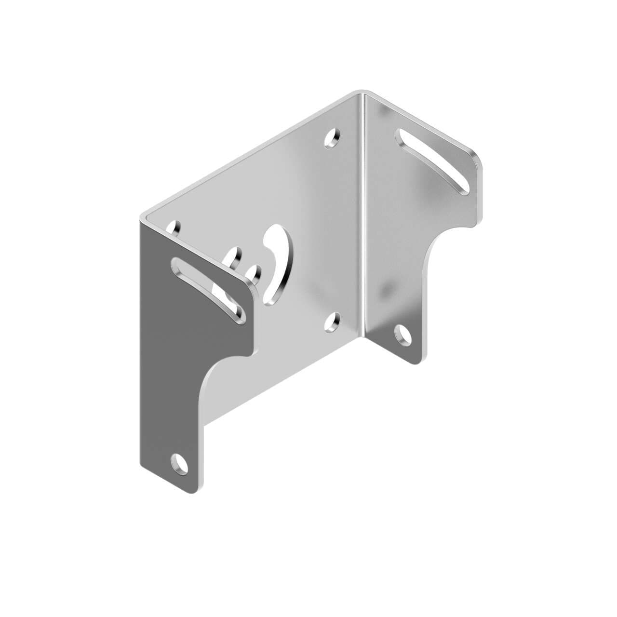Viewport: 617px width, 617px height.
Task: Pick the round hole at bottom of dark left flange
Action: (x=180, y=463)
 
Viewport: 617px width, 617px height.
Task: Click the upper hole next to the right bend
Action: (x=332, y=138)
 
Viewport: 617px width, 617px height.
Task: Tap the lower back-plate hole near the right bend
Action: (x=332, y=323)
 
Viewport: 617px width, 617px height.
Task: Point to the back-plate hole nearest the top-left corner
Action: (x=175, y=228)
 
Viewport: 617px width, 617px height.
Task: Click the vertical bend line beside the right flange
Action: (x=362, y=217)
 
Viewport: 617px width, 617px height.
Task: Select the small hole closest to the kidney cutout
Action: (x=254, y=274)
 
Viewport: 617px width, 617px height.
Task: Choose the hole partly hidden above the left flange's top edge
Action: (x=235, y=254)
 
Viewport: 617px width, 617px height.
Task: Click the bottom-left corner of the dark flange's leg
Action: (x=141, y=466)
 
